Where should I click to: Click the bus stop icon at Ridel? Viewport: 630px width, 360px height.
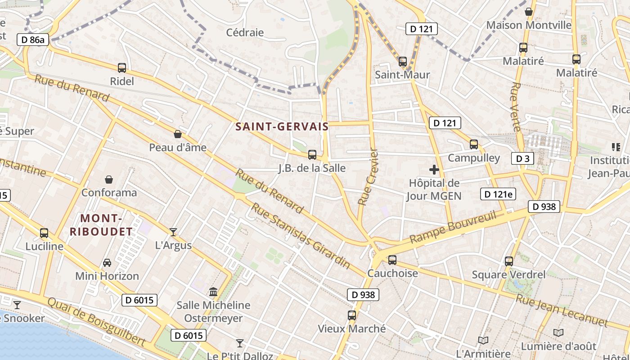pos(122,68)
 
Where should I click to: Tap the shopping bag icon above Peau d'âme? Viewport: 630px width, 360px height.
pos(178,134)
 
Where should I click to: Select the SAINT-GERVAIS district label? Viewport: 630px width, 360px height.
pos(282,127)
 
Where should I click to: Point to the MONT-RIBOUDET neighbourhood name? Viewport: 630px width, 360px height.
pos(101,225)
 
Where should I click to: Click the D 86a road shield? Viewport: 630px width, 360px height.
pos(33,40)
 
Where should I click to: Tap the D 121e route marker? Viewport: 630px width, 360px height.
pos(498,194)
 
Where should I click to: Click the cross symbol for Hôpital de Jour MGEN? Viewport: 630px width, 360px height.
pos(434,170)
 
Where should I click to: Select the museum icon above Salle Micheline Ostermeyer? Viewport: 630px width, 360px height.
pos(213,292)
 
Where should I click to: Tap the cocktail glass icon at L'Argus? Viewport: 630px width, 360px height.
pos(173,232)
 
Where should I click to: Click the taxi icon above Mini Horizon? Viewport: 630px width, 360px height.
pos(107,262)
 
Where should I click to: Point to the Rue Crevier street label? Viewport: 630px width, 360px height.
pos(368,177)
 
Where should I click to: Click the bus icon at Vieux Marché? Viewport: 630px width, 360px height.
pos(352,315)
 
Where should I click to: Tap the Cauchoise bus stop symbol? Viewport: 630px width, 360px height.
pos(392,260)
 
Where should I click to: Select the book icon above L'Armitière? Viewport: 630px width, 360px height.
pos(483,340)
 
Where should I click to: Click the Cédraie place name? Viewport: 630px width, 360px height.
pos(245,32)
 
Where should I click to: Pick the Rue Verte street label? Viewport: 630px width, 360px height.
pos(516,107)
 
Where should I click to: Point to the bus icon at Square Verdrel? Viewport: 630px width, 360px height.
pos(509,261)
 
